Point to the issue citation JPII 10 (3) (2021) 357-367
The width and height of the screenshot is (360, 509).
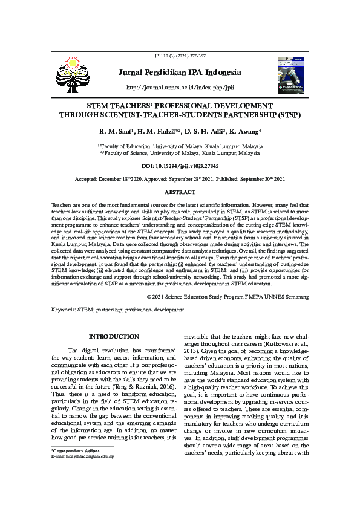180,56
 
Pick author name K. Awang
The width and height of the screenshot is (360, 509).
246,131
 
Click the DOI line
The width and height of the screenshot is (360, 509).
180,165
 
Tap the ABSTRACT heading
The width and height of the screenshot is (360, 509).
180,192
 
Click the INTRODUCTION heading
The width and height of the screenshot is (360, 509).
114,336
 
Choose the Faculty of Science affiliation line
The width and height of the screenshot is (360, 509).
180,154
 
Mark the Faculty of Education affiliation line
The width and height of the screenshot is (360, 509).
180,146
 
